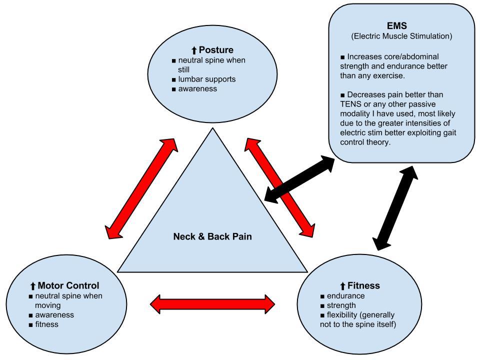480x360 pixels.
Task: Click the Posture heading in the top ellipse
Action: pos(216,50)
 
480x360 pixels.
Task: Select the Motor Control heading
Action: pos(68,286)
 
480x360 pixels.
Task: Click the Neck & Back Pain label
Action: pos(212,236)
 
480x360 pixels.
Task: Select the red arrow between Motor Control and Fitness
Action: pos(212,303)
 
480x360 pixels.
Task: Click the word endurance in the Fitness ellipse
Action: pos(345,296)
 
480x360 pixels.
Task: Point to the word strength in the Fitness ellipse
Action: pos(341,305)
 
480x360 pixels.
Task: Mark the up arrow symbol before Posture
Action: pos(194,50)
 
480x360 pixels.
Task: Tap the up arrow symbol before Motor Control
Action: pos(33,286)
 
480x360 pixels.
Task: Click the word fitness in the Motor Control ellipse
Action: pos(46,324)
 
